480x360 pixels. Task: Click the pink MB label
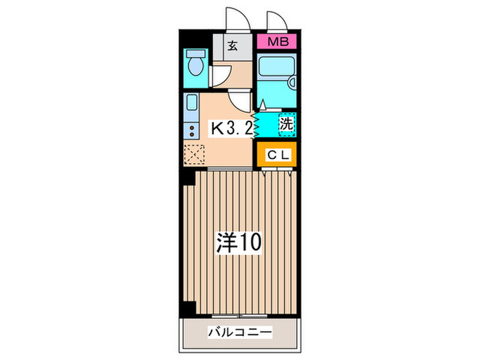[x=278, y=43]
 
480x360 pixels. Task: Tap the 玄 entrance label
[x=232, y=47]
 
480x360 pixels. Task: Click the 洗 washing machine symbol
[x=286, y=124]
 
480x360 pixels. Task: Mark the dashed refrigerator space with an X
[x=193, y=154]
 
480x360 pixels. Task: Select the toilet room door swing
[x=219, y=75]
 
